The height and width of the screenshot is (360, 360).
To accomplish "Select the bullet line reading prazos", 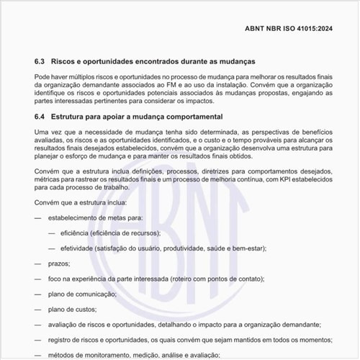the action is (x=58, y=264).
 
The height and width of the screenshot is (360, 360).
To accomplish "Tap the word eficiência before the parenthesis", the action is (x=81, y=233).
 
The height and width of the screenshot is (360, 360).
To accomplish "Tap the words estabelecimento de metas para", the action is (x=96, y=217).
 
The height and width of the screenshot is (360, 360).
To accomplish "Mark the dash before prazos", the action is (x=37, y=264).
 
